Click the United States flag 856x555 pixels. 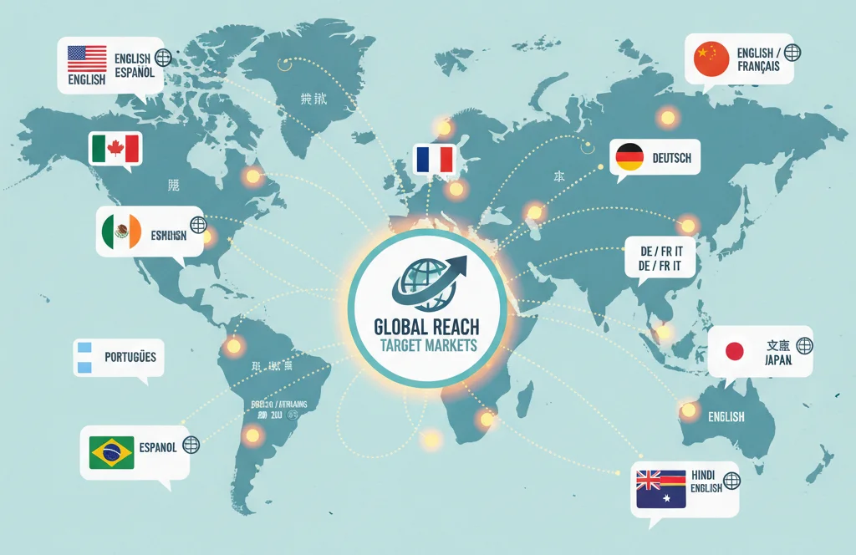[87, 59]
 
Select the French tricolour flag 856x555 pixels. [433, 159]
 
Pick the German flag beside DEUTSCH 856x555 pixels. [629, 157]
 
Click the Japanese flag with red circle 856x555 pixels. [734, 351]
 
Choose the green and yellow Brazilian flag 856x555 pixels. [111, 452]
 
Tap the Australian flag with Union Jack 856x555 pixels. [660, 489]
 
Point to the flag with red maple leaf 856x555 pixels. [115, 150]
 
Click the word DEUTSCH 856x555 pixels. [672, 158]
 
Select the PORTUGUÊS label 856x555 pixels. [130, 357]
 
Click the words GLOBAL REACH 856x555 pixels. [427, 326]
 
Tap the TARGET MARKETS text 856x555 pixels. [427, 345]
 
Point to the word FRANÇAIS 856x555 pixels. [758, 66]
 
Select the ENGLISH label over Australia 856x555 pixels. [726, 416]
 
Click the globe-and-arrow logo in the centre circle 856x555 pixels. [427, 280]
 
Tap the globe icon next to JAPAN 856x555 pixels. [804, 345]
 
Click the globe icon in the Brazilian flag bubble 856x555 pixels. [191, 446]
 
